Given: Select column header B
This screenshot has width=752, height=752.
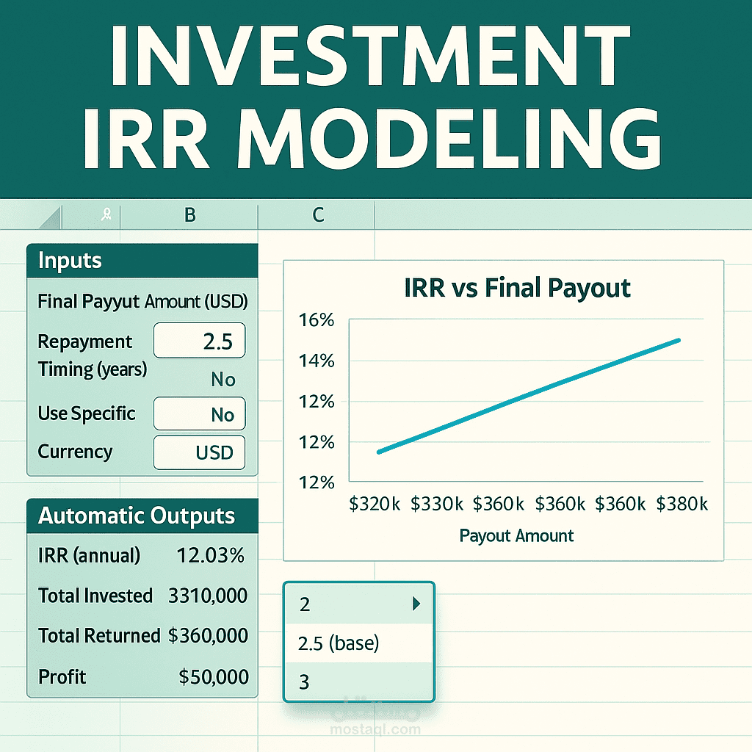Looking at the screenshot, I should coord(189,215).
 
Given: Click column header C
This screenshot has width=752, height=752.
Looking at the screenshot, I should coord(317,215).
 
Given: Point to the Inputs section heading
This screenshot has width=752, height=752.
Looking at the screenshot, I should coord(70,261).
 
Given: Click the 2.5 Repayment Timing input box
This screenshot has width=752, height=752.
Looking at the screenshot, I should coord(200,342).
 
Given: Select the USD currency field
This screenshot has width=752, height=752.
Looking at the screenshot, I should coord(200,452).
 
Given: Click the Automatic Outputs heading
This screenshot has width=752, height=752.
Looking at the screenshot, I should coord(137,516).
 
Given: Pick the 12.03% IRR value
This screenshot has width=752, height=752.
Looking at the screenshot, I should coord(211,556).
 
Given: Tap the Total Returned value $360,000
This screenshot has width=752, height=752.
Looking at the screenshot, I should coord(208,635).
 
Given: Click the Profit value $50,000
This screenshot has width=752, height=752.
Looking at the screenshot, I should coord(214,676).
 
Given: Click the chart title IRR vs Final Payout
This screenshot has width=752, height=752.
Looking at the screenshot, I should coord(517,287).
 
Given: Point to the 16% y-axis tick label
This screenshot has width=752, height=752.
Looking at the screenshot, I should coord(317,321).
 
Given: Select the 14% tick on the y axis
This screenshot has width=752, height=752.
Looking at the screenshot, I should coord(317,361).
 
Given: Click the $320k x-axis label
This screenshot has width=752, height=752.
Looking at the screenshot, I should coord(375,504).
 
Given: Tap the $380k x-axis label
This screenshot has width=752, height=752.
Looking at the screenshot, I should coord(682,504).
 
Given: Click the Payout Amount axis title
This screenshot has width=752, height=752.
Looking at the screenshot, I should coord(516,535).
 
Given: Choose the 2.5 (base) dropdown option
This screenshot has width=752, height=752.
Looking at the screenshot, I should coord(339,643).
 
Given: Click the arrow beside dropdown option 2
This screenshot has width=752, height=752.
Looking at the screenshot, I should coord(416,604).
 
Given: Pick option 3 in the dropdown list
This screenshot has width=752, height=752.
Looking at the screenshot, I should coord(305,682).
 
